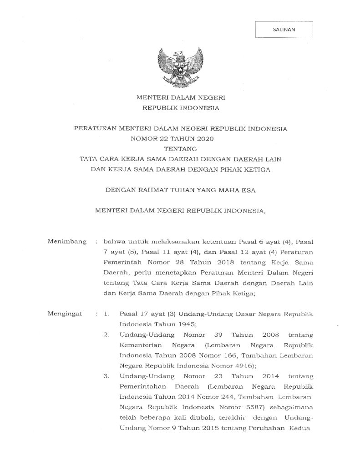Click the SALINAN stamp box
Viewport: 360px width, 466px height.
click(x=284, y=29)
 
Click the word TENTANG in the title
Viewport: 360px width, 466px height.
click(x=181, y=148)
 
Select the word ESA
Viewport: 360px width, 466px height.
click(x=249, y=190)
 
